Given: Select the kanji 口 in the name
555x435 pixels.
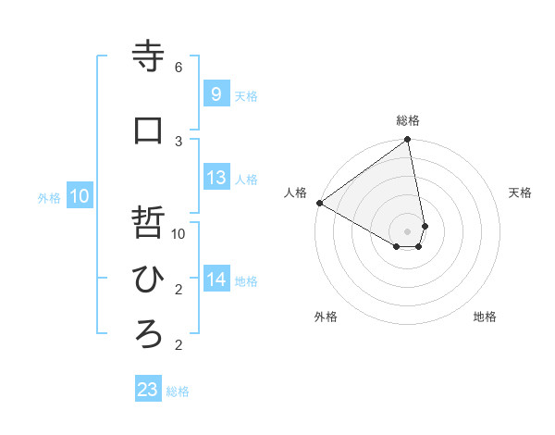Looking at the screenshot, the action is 149,130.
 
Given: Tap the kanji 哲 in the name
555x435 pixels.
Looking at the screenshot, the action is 149,223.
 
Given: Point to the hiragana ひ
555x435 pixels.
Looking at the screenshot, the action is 149,279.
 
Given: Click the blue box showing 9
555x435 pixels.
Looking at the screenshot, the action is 216,93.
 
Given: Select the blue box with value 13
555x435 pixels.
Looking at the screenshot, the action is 216,178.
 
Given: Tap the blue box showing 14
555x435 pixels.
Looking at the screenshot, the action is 216,280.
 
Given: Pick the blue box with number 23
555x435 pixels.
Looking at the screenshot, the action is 148,390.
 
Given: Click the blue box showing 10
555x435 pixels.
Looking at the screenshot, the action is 79,196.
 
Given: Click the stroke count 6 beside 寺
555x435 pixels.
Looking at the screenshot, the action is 179,68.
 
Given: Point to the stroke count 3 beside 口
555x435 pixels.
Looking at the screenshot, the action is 179,141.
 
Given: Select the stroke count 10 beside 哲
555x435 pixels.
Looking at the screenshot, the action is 179,234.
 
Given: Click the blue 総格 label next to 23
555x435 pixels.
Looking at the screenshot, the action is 178,391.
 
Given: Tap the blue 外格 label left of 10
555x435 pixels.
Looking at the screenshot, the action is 49,198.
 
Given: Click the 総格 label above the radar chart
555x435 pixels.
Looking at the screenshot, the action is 408,120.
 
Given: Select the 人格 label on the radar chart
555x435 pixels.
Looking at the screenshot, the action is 296,193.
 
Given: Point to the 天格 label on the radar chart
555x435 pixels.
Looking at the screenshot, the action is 520,193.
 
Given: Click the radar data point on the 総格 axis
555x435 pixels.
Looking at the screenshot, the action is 407,141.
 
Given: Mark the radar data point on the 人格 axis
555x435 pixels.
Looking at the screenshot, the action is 319,203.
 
